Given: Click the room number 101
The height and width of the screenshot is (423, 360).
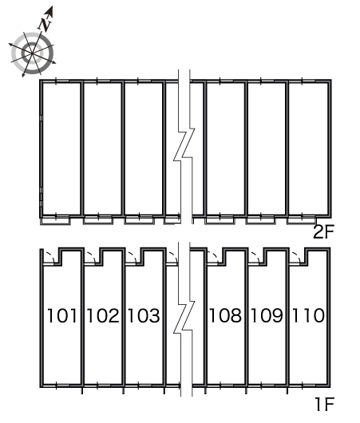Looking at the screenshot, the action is [x=61, y=315].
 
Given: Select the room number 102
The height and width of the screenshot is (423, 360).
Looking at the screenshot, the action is [x=103, y=315].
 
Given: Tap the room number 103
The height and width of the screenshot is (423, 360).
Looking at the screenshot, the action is [x=144, y=315].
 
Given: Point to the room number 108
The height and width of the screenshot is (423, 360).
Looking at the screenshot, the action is [x=225, y=315].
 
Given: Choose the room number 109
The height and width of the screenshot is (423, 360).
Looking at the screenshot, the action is [x=267, y=315].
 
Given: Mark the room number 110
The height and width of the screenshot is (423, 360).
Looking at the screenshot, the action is [x=308, y=315].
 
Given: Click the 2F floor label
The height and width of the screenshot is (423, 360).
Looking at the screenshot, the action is [x=323, y=231].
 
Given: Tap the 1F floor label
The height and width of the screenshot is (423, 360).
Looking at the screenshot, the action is [x=325, y=404].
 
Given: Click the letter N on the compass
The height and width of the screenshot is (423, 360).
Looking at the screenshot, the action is [x=45, y=24].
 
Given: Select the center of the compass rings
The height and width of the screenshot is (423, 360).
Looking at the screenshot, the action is [x=33, y=53].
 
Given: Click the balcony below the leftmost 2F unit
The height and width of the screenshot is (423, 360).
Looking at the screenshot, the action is [x=55, y=220].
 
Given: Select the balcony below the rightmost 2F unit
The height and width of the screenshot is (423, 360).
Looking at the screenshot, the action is [x=302, y=220].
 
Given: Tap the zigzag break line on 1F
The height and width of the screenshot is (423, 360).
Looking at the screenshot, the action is [x=184, y=318].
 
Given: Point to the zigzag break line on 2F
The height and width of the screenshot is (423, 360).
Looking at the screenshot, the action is [x=184, y=146].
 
